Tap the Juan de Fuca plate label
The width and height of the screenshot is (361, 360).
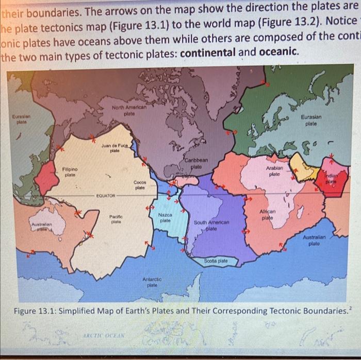coord(114,148)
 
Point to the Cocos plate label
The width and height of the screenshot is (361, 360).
coord(140,185)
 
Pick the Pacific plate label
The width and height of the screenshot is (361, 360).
coord(116,220)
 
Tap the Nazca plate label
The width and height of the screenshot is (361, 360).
coord(165,217)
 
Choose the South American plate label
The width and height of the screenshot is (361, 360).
coord(211,225)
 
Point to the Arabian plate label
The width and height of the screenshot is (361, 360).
coord(274,172)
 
